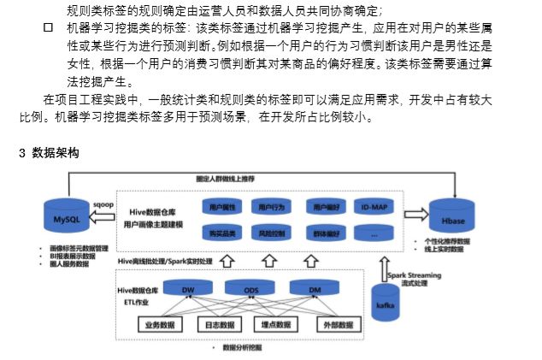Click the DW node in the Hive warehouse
pos(189,291)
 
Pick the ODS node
pos(251,291)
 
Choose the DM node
pos(315,291)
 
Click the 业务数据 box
pos(160,325)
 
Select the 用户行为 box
pos(271,207)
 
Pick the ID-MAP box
pos(375,207)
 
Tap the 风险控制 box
pos(271,232)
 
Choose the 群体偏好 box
pos(327,232)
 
